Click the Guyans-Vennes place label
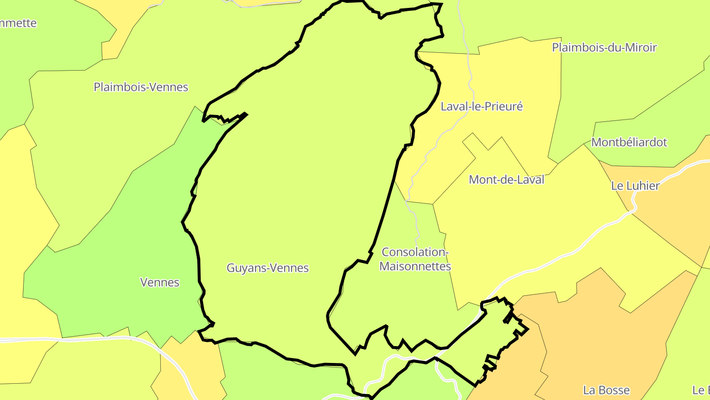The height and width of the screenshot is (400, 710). [268, 268]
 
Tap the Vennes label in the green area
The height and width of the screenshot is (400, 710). [160, 282]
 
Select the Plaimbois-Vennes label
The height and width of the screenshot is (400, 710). [141, 87]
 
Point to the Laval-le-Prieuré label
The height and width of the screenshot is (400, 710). [482, 107]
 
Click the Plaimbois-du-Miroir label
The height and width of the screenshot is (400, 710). [604, 48]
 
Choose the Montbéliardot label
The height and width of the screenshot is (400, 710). [629, 143]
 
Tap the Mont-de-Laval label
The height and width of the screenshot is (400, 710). [506, 180]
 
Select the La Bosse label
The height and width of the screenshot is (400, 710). [606, 391]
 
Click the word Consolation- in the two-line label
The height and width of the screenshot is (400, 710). [415, 252]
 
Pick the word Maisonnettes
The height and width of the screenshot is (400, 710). [415, 267]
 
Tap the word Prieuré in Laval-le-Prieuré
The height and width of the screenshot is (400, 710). [505, 107]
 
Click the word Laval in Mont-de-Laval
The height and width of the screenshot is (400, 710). [531, 180]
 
